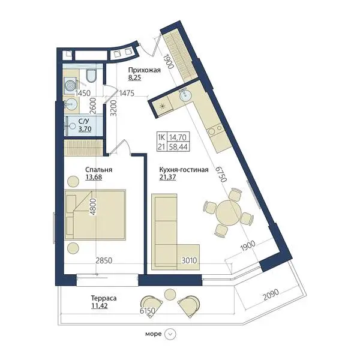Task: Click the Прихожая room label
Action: (144, 70)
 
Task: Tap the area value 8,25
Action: (134, 77)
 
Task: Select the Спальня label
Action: (99, 170)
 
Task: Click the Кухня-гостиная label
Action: (184, 170)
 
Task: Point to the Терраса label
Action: (104, 298)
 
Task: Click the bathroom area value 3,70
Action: (85, 129)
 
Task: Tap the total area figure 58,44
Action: (178, 146)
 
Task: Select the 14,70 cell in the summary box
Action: (178, 137)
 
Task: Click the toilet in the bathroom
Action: (92, 76)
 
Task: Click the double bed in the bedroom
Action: (95, 215)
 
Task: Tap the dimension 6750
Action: (221, 174)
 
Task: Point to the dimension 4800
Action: (94, 206)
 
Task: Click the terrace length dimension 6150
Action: (148, 311)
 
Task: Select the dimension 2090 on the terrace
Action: (271, 295)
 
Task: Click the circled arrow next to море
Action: (170, 334)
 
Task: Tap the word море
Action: (154, 334)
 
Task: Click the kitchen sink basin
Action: (185, 95)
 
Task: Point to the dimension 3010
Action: (190, 260)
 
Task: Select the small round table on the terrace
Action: (170, 294)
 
